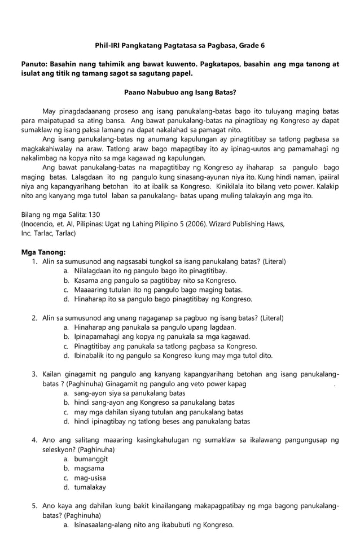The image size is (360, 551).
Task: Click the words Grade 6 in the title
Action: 249,45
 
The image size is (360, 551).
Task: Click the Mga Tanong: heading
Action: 43,252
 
